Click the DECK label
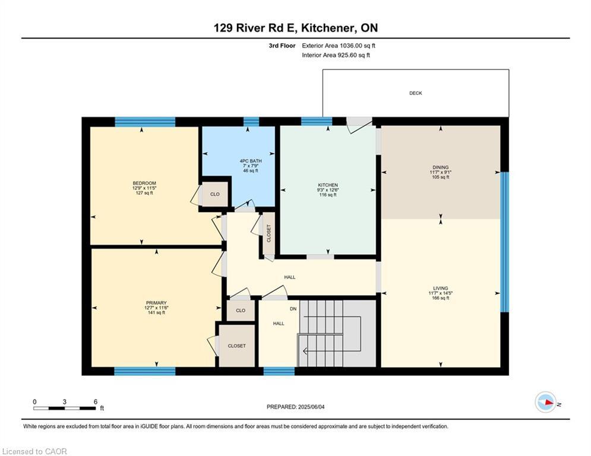415,93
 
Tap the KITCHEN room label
327,185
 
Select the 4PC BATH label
251,160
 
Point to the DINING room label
440,167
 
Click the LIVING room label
440,288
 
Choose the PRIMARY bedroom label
156,303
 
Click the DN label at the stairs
293,309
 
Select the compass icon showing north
545,403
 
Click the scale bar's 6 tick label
96,401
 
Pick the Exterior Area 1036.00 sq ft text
339,45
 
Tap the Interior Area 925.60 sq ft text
336,55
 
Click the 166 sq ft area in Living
440,298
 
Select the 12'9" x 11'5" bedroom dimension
144,188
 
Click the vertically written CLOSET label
268,234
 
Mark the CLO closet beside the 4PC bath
215,194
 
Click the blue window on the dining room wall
504,242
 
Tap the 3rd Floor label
282,45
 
